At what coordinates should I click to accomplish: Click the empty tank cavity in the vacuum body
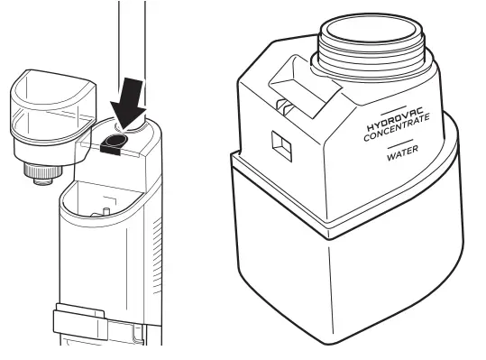tap(104, 208)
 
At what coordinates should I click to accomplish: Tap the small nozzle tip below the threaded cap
tap(41, 180)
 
